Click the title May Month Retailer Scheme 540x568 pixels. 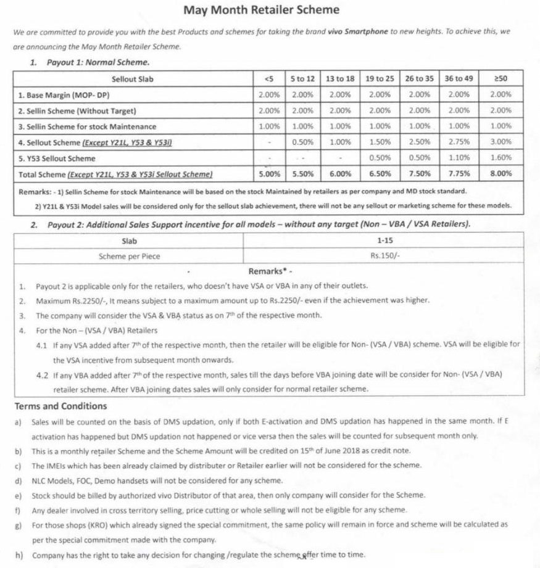[261, 10]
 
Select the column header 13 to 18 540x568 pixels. [340, 79]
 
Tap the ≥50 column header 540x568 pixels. [501, 79]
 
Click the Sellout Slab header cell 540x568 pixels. [133, 79]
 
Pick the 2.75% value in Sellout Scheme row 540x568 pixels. [459, 142]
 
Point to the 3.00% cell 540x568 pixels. [501, 142]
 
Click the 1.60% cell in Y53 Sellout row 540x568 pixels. [501, 158]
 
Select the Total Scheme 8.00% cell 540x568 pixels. [501, 174]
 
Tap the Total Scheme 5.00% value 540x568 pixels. [269, 174]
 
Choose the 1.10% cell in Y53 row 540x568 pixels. [459, 158]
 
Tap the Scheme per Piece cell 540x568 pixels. [129, 257]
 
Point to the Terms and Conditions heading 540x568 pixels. [60, 406]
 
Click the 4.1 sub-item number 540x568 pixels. [42, 345]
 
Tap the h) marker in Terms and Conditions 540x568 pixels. [19, 555]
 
